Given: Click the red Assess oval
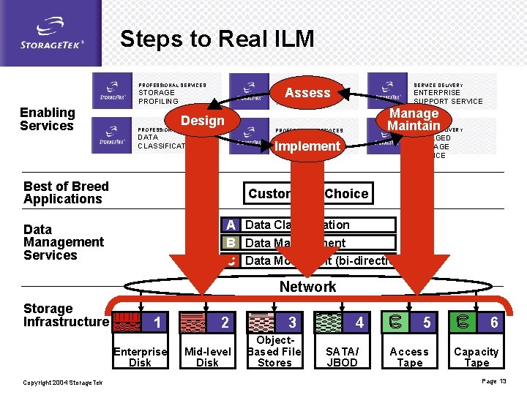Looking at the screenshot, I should [x=307, y=93].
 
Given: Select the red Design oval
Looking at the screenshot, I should [x=203, y=121].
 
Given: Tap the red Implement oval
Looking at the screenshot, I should [x=307, y=146].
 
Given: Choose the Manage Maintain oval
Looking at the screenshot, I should [x=414, y=119].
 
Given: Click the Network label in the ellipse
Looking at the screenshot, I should [x=307, y=287].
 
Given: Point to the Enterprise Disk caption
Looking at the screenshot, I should [x=140, y=357].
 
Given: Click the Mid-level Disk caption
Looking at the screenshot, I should [x=207, y=357].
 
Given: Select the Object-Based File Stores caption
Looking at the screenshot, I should [x=274, y=351].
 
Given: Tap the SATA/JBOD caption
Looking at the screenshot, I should [x=342, y=357].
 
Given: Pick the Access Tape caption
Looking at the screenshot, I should [x=409, y=357].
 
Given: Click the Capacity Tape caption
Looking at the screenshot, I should [x=476, y=357].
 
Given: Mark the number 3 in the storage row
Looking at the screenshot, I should [x=292, y=323].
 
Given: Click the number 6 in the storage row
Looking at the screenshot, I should [x=494, y=323].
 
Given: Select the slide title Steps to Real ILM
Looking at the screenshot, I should [x=217, y=39].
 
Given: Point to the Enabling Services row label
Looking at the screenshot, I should [x=47, y=119].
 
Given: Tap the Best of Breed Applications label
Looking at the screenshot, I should [x=66, y=192].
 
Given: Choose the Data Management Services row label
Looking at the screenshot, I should [x=64, y=242].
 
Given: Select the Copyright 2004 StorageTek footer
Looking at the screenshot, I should [x=63, y=383].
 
